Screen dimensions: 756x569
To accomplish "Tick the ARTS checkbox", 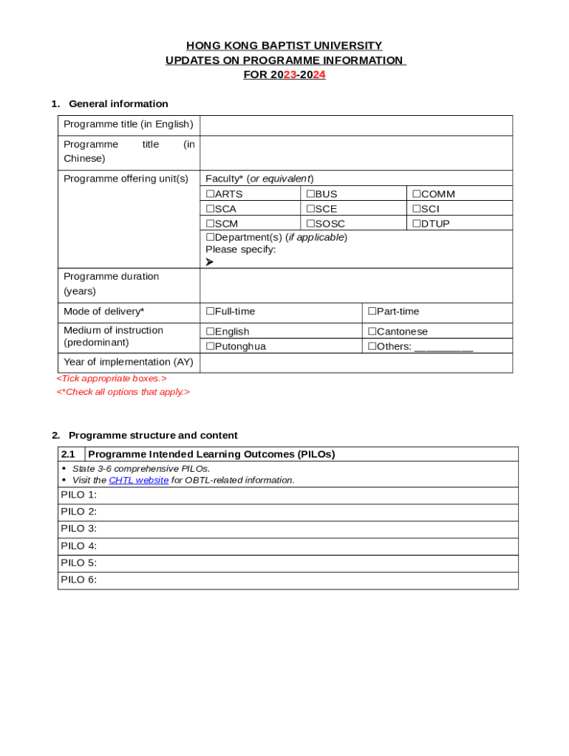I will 210,194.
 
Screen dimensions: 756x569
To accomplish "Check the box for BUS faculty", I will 310,194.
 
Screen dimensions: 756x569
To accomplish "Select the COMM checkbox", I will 416,194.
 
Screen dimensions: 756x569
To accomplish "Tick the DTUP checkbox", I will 416,224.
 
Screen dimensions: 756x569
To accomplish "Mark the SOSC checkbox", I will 310,224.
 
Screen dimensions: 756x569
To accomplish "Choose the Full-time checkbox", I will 210,312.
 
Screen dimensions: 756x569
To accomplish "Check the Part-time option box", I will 372,312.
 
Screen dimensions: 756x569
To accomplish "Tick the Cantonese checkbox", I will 372,331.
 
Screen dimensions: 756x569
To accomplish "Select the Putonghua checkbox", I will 210,346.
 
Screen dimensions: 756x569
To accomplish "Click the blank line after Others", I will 443,347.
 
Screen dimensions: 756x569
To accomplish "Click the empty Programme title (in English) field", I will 355,125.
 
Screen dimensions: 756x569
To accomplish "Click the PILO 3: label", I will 78,529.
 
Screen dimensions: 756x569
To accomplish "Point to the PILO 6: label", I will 78,580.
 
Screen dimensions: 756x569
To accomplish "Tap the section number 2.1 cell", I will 71,454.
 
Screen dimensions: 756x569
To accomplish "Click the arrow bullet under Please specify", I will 210,261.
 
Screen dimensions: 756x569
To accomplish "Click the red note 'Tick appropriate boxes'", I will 112,378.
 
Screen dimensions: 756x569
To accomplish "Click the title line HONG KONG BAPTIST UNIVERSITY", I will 284,46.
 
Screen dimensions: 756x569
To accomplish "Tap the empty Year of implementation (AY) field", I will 355,362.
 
